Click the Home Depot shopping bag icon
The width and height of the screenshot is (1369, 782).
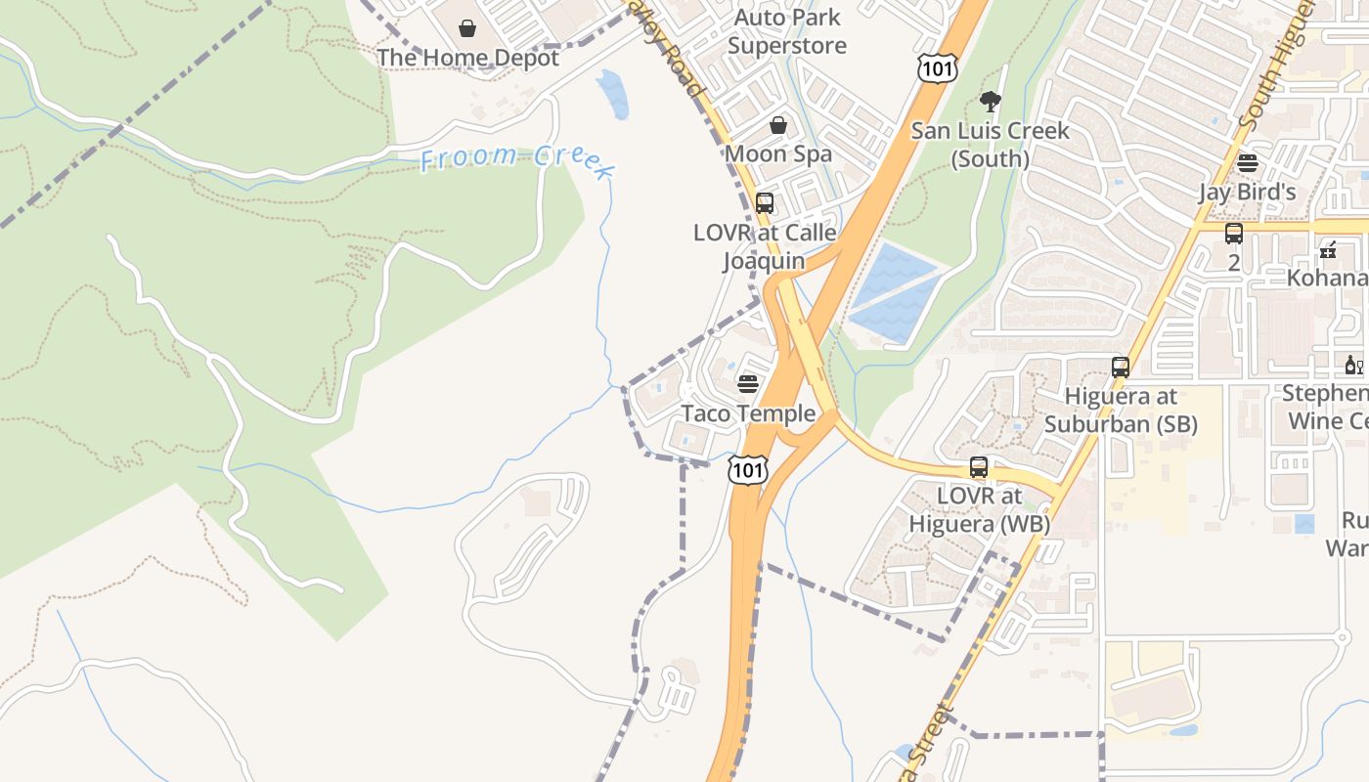point(467,28)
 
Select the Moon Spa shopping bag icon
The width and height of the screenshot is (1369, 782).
point(778,125)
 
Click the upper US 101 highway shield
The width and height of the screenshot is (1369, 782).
point(937,67)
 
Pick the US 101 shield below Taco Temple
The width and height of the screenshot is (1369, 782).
point(748,470)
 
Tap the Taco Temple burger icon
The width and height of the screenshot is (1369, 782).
point(748,384)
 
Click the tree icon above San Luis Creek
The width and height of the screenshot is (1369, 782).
point(990,101)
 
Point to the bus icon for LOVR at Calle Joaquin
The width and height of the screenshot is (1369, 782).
point(765,203)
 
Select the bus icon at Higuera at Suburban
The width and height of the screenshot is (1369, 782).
point(1121,368)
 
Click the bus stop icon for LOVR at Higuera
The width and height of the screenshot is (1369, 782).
point(979,467)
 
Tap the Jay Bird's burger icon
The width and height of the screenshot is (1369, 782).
point(1247,162)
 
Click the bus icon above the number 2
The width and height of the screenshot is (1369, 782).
point(1234,234)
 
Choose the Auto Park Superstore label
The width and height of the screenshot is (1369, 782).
point(787,31)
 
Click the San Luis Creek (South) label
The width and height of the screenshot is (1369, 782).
point(991,145)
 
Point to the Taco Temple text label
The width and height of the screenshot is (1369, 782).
point(748,413)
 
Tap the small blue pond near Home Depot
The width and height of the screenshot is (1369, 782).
point(613,94)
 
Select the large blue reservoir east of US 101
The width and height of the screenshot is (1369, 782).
point(895,292)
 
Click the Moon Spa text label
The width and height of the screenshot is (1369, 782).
point(778,153)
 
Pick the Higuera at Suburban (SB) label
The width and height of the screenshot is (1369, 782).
point(1121,411)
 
